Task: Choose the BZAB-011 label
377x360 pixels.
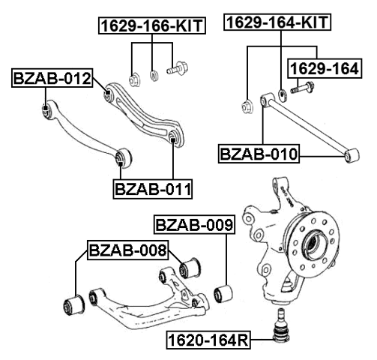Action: click(x=153, y=187)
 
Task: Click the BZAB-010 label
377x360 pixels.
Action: click(x=259, y=155)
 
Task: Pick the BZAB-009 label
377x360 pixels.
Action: click(x=193, y=224)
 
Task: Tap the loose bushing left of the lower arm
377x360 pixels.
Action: click(x=74, y=303)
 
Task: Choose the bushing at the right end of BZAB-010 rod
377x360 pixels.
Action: click(x=348, y=155)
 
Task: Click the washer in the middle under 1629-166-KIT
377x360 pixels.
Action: click(x=153, y=75)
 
